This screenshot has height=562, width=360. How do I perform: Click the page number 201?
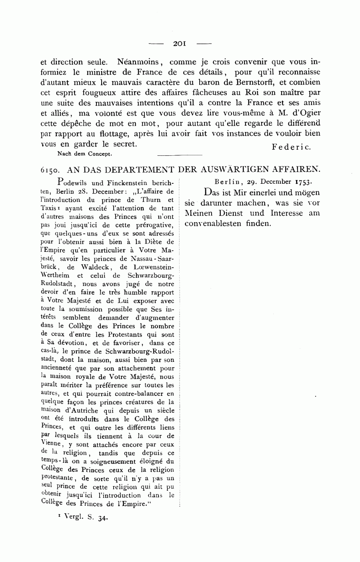click(x=180, y=43)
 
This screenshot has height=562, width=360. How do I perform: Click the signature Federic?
click(x=291, y=147)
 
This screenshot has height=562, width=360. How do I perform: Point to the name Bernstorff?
click(x=297, y=83)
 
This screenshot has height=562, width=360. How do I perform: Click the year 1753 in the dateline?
click(x=302, y=181)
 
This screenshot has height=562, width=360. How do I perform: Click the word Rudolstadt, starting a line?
click(x=56, y=284)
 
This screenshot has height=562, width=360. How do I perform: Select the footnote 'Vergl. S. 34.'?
click(x=83, y=518)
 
